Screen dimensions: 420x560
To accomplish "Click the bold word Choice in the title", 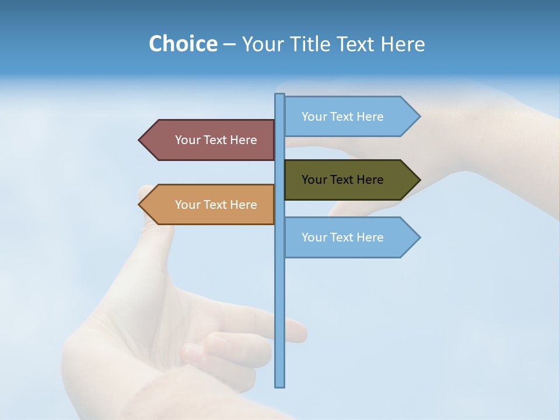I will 183,44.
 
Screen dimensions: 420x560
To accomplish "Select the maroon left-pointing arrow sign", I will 210,140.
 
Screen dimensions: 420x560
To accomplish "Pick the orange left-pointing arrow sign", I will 210,205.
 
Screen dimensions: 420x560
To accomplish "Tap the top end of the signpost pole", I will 280,95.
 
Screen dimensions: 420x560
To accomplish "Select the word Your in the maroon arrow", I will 187,140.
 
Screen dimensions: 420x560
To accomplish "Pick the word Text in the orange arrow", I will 215,205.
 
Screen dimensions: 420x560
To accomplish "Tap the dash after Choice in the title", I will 229,44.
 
